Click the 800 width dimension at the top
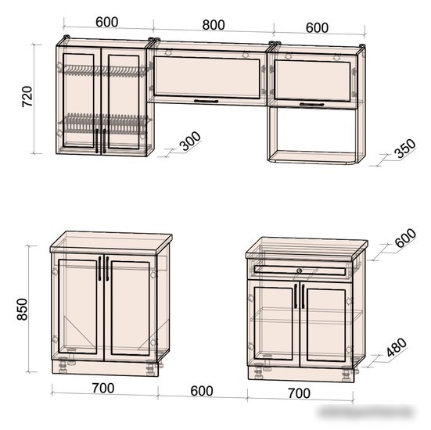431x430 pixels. click(x=214, y=25)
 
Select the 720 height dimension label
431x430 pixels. click(x=27, y=96)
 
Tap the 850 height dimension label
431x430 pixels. click(x=22, y=309)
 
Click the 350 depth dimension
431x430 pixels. click(x=405, y=149)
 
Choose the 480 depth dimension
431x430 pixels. click(x=397, y=347)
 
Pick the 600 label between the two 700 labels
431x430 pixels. click(x=202, y=391)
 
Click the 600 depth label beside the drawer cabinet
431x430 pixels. click(x=405, y=238)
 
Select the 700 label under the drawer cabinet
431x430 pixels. click(x=299, y=393)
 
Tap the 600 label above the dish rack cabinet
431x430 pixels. click(x=107, y=22)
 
